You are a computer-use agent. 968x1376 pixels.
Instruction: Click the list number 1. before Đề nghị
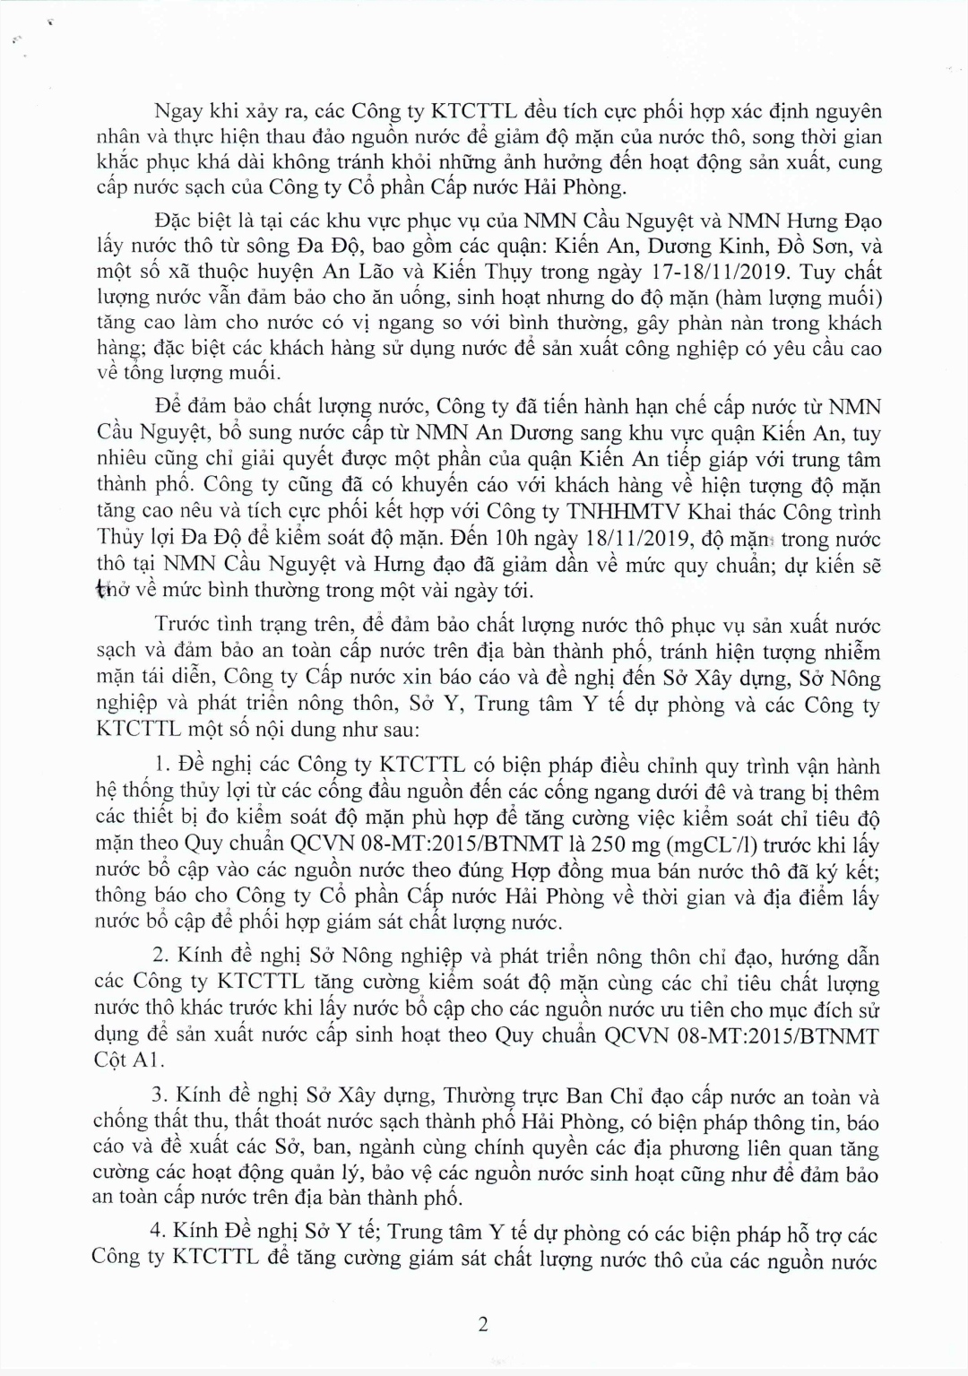pos(162,766)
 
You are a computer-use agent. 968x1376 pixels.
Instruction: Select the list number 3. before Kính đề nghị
pos(161,1096)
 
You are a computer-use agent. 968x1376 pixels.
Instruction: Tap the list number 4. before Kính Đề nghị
pos(161,1234)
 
